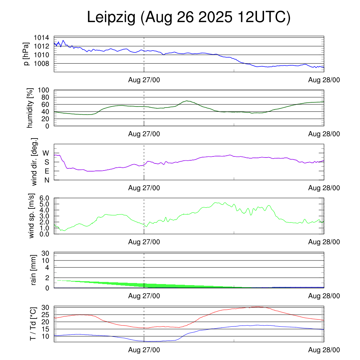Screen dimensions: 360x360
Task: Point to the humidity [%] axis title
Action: coord(30,108)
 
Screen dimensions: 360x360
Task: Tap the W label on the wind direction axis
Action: coord(46,153)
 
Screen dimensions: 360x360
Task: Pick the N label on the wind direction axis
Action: coord(46,180)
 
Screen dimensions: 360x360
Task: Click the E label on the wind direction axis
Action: coord(46,171)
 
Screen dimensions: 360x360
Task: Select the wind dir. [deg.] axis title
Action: coord(34,162)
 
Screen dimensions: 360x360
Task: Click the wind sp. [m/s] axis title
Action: coord(32,216)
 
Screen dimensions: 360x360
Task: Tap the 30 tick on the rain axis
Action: coord(45,253)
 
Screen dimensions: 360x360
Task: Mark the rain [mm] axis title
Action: coord(34,270)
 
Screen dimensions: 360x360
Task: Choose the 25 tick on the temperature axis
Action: coord(45,315)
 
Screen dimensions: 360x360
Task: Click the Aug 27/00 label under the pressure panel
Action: coord(144,80)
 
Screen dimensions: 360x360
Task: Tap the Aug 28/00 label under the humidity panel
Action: coord(324,134)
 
